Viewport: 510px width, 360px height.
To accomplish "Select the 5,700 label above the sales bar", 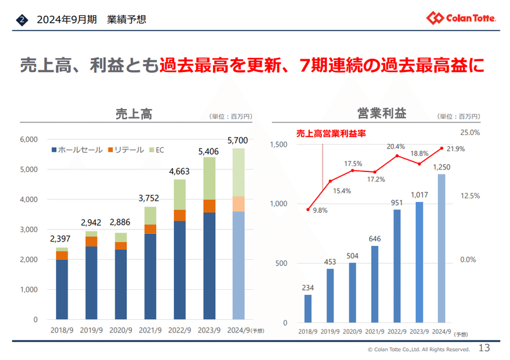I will pos(238,140).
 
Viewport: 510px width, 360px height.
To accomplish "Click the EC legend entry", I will pos(156,150).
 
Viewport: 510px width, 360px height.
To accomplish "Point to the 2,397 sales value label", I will pos(61,239).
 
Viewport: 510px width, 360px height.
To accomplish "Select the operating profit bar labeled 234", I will pos(308,308).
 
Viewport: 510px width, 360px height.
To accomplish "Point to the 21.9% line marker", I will pos(441,148).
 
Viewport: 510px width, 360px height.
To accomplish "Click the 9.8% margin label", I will pos(320,210).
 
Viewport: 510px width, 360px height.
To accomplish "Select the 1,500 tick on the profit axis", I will pos(280,145).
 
